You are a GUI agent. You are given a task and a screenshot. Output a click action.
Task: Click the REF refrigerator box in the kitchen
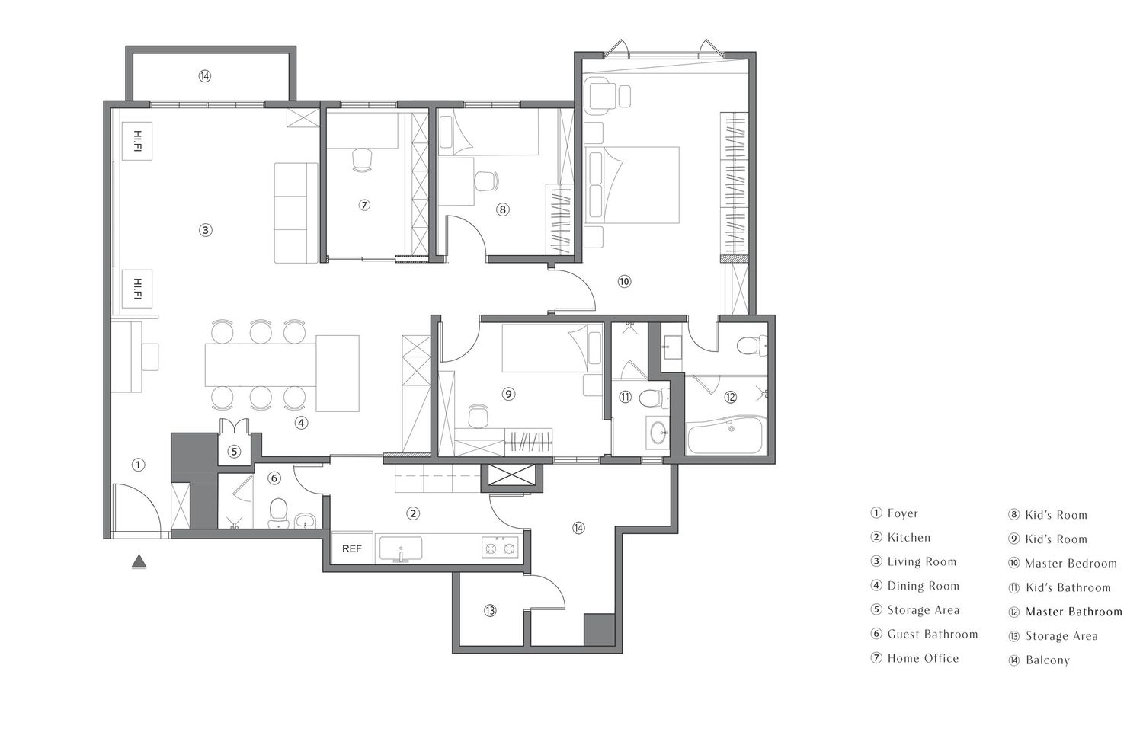352,548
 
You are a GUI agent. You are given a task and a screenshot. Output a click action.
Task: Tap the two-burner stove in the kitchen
500,548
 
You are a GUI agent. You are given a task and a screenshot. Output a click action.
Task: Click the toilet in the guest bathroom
278,513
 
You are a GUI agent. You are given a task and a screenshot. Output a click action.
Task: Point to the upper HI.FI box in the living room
136,141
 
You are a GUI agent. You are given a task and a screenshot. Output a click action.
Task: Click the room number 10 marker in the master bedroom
624,282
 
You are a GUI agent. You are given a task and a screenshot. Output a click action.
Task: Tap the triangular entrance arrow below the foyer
139,561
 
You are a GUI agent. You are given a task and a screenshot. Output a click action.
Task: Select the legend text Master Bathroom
1074,612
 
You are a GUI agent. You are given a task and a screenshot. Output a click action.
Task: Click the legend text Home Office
923,659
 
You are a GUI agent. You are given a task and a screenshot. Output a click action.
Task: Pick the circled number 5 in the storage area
234,452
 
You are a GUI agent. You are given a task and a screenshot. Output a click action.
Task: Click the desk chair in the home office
362,160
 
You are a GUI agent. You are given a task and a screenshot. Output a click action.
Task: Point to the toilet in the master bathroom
752,345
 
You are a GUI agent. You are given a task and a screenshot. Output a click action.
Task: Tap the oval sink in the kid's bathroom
658,433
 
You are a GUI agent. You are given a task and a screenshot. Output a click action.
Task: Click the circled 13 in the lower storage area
490,611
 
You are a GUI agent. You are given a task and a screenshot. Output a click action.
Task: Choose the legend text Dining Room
923,586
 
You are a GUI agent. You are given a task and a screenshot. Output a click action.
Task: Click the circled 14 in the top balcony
205,76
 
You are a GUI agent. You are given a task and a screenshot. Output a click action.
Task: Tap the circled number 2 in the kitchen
413,513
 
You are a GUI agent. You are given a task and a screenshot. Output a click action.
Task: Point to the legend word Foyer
903,513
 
